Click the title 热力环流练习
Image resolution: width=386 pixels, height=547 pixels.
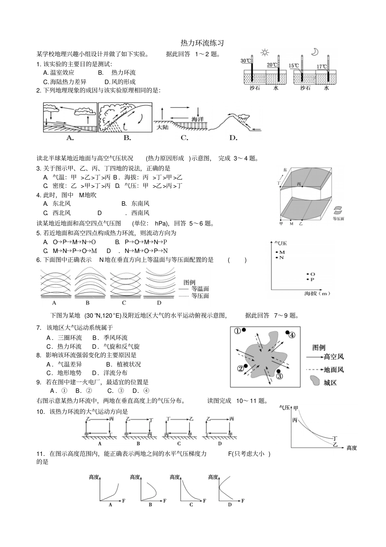pos(202,43)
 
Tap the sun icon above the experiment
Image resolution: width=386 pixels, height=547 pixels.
pos(265,52)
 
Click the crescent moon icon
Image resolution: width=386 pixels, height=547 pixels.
pos(314,52)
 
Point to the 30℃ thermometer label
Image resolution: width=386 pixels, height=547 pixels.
pos(245,61)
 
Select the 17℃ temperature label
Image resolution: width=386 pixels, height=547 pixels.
pos(322,66)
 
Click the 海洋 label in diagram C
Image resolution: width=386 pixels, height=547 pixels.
pos(197,119)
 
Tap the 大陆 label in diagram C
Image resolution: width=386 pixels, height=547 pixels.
pos(162,127)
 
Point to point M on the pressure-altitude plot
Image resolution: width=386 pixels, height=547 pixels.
pos(282,252)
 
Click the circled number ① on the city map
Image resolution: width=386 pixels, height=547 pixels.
pos(237,331)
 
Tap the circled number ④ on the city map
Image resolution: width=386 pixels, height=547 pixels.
pos(292,335)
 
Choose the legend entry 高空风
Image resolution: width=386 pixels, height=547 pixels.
pos(334,357)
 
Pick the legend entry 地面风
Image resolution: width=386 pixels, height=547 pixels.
pos(334,369)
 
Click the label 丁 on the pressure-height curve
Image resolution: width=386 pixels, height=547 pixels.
pos(335,438)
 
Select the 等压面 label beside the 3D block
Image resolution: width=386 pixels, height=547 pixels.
pos(338,218)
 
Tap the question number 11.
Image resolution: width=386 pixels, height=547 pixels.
pos(40,453)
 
